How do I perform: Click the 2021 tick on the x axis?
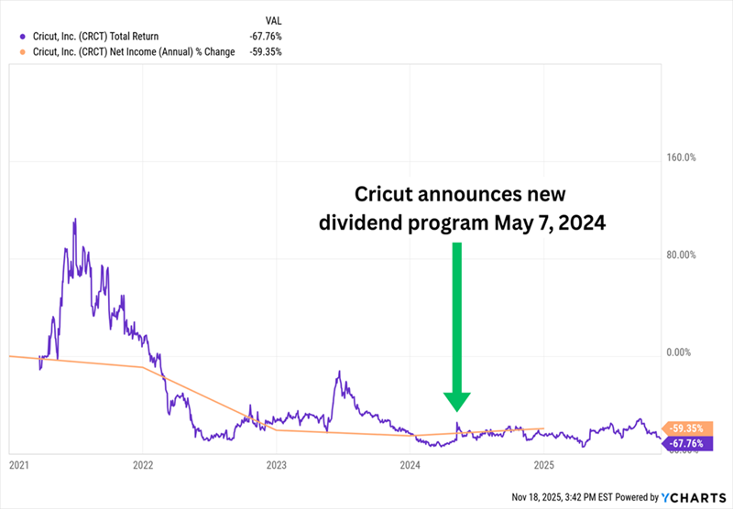coord(17,465)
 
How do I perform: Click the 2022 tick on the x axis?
coord(142,465)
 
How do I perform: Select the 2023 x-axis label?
coord(277,465)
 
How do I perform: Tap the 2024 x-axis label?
coord(410,465)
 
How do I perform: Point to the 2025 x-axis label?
coord(544,465)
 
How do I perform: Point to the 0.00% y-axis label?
coord(681,352)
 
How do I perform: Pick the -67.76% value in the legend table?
coord(266,36)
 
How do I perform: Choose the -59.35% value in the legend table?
coord(266,52)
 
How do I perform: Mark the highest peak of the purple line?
coord(75,219)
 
